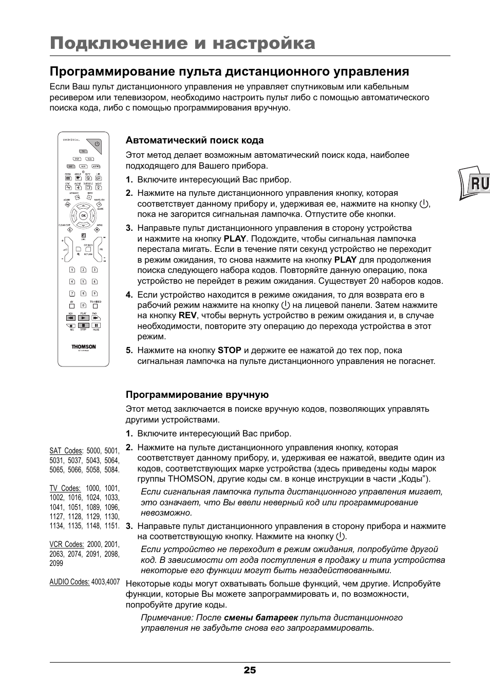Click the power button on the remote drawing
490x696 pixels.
[x=97, y=145]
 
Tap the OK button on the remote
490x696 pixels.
[x=83, y=216]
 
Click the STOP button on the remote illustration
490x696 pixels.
[x=83, y=325]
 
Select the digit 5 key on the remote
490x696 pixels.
[x=83, y=281]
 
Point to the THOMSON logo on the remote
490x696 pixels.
[x=83, y=347]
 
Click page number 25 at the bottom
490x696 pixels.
[x=250, y=670]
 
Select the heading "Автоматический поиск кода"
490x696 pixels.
[x=195, y=140]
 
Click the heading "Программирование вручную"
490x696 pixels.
[x=197, y=395]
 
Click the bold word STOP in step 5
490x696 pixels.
[x=229, y=351]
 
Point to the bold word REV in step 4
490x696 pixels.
[x=187, y=316]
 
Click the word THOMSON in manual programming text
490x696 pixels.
[x=190, y=479]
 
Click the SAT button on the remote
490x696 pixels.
[x=71, y=167]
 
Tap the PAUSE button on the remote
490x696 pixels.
[x=96, y=325]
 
